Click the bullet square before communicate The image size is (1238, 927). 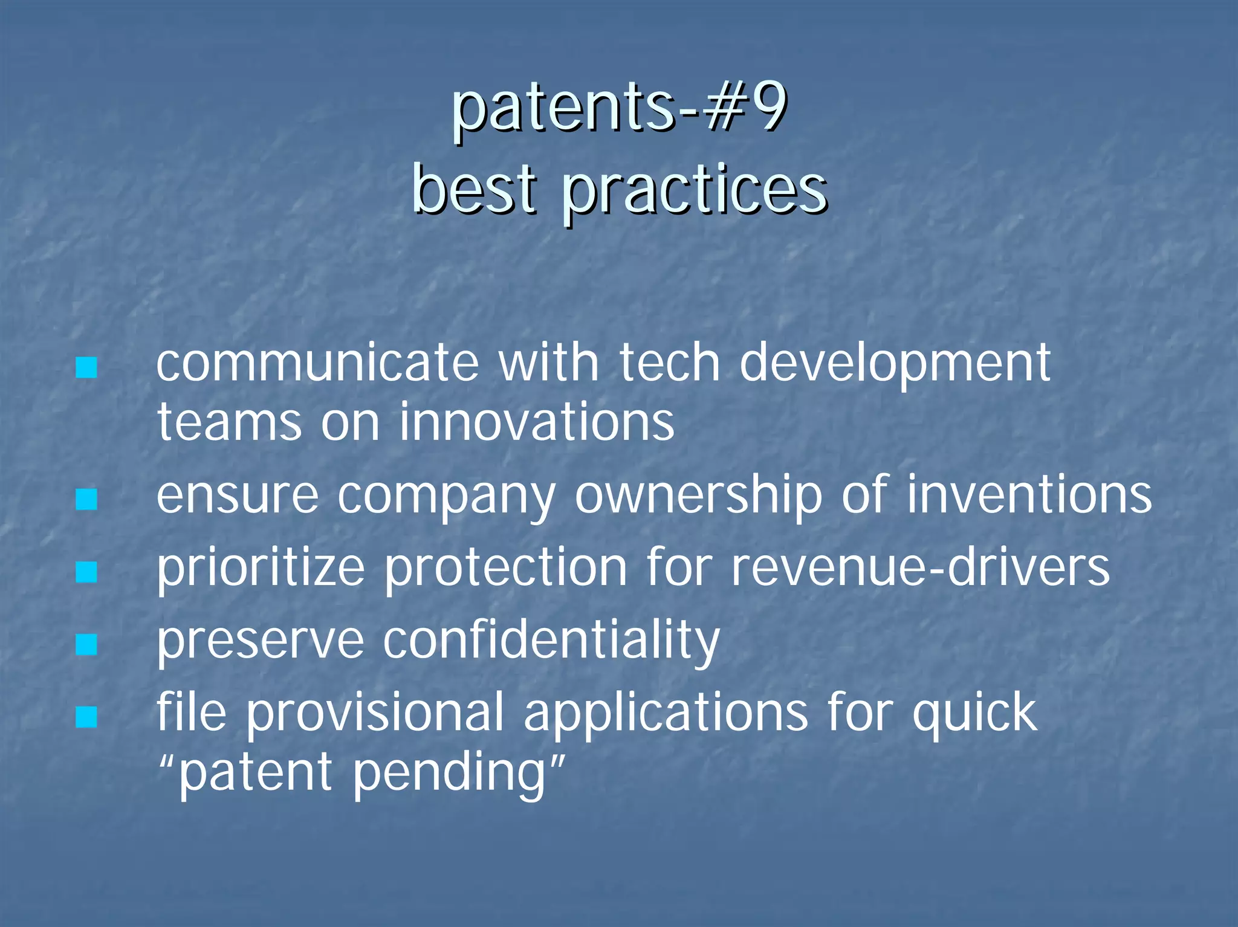tap(86, 367)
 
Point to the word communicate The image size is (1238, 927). tap(317, 363)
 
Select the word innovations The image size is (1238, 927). tap(536, 421)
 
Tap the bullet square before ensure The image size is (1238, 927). tap(86, 499)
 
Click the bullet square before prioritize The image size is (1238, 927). tap(86, 572)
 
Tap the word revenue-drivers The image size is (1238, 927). tap(920, 568)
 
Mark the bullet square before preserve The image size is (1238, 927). tap(86, 644)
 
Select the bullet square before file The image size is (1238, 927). tap(86, 717)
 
